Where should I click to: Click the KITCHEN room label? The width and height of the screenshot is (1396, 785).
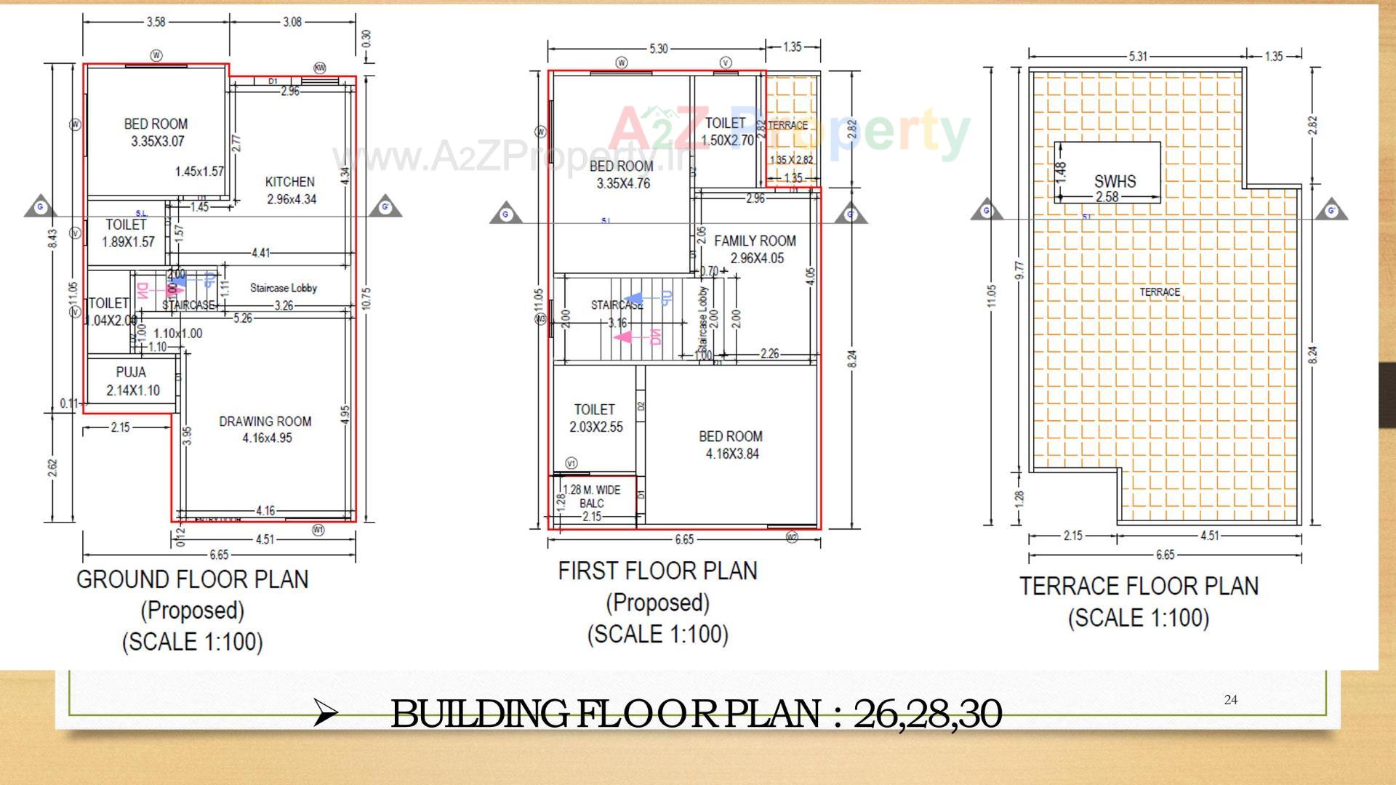pyautogui.click(x=289, y=182)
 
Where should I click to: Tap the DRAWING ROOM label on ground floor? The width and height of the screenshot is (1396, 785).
pyautogui.click(x=265, y=422)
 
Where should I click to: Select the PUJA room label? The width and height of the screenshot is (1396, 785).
pyautogui.click(x=131, y=372)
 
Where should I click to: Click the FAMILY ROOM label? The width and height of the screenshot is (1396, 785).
pyautogui.click(x=755, y=241)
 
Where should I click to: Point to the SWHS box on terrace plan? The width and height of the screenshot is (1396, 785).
pyautogui.click(x=1114, y=181)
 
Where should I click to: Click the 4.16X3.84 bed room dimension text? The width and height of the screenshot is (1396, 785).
pyautogui.click(x=731, y=454)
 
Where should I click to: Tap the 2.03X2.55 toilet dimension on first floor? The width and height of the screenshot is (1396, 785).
pyautogui.click(x=595, y=427)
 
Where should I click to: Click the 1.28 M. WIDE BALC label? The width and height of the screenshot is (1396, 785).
pyautogui.click(x=592, y=496)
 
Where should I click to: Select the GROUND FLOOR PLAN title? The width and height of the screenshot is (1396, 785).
pyautogui.click(x=192, y=579)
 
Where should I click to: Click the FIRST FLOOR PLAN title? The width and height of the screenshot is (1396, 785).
pyautogui.click(x=657, y=571)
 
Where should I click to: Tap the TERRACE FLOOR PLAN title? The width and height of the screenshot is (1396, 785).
pyautogui.click(x=1139, y=586)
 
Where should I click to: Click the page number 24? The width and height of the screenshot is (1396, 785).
pyautogui.click(x=1230, y=700)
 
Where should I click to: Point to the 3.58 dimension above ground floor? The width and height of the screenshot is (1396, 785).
pyautogui.click(x=156, y=22)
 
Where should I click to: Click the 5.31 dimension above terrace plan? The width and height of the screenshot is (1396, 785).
pyautogui.click(x=1138, y=56)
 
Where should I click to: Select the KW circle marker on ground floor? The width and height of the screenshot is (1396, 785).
pyautogui.click(x=320, y=68)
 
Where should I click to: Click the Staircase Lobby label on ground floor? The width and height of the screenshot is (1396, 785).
pyautogui.click(x=284, y=288)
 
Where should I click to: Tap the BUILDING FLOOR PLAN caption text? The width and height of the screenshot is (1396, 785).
pyautogui.click(x=695, y=714)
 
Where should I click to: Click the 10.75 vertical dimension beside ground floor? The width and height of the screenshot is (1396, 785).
pyautogui.click(x=366, y=298)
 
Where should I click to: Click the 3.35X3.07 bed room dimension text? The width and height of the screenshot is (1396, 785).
pyautogui.click(x=157, y=142)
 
